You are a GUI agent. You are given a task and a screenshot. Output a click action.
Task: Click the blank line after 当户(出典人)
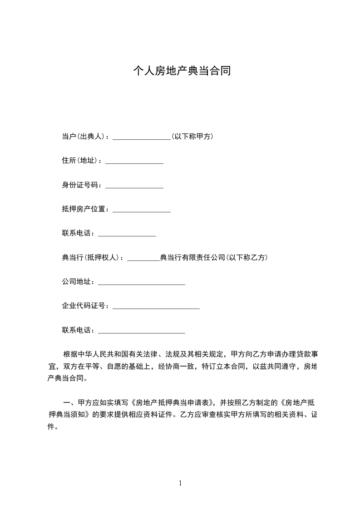tap(141, 137)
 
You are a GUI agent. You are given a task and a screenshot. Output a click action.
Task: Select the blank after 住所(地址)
tap(134, 161)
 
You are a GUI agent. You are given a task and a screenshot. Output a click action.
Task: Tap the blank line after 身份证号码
tap(134, 186)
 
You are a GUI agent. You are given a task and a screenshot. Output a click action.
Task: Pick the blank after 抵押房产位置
tap(141, 210)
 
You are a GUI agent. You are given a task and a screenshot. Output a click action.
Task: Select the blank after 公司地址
tap(141, 283)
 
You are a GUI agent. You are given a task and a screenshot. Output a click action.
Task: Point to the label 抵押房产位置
tap(85, 209)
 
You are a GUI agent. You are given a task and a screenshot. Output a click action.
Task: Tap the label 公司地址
tap(78, 282)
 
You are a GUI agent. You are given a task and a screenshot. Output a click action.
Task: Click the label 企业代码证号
tap(85, 307)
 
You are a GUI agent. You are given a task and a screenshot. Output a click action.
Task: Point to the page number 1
tap(180, 483)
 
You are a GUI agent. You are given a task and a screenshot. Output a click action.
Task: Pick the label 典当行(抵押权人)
tap(92, 258)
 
